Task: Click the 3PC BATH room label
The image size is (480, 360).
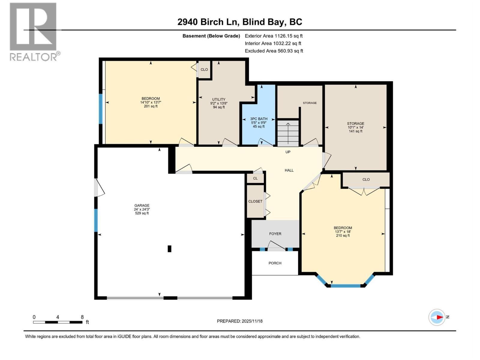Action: click(259, 122)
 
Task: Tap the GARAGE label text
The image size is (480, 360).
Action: click(142, 209)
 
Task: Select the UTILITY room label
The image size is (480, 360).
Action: click(219, 103)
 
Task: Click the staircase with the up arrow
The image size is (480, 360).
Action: click(288, 133)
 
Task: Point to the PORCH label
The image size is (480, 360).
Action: click(275, 263)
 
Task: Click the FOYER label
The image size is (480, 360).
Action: click(275, 234)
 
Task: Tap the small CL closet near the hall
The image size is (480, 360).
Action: click(255, 178)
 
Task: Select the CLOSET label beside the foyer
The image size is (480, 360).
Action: click(255, 201)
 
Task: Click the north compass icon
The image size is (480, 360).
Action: click(437, 317)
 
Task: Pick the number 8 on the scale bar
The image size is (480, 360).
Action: click(82, 317)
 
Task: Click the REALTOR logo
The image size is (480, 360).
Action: click(34, 31)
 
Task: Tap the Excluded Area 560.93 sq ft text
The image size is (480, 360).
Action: click(274, 51)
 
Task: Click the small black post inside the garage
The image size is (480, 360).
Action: click(169, 249)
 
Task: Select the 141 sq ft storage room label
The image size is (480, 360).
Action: click(355, 127)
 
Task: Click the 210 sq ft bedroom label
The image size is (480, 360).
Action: click(343, 232)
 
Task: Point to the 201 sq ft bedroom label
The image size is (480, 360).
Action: click(151, 102)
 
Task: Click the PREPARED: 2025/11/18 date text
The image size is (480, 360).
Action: click(240, 321)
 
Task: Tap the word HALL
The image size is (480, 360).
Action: click(289, 170)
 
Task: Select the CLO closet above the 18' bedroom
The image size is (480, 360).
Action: click(366, 179)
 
